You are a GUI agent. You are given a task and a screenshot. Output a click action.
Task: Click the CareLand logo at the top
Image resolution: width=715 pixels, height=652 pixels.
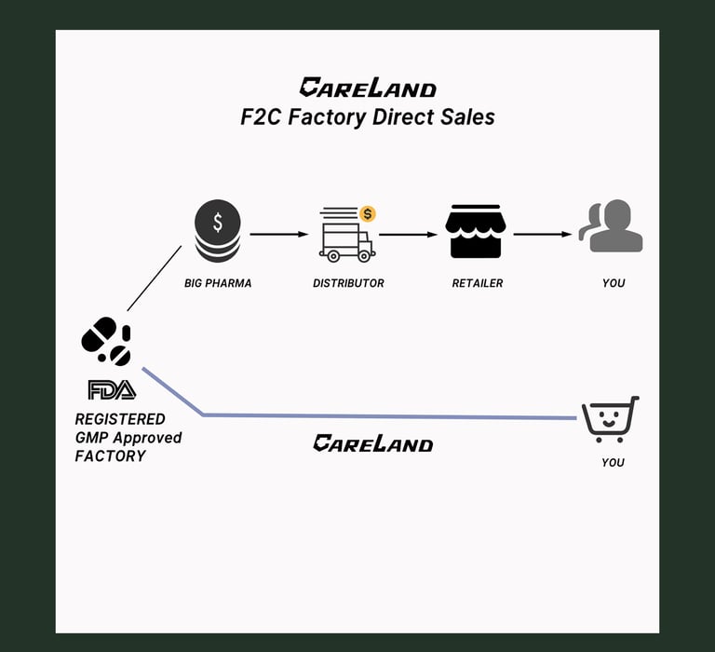point(367,88)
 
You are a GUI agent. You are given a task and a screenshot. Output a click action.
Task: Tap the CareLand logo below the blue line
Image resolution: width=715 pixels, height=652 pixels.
point(372,443)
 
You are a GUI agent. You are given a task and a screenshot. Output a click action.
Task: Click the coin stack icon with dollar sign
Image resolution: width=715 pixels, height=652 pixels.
point(217,231)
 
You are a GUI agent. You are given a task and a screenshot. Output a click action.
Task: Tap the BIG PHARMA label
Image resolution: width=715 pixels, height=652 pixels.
point(218,283)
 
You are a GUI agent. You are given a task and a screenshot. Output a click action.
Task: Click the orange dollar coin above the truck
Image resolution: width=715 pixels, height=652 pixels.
point(368,214)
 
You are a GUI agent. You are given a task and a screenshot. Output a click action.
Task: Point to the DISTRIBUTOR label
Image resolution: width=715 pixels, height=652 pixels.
point(348,283)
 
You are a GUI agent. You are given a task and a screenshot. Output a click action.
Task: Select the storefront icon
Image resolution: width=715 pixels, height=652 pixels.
point(476,231)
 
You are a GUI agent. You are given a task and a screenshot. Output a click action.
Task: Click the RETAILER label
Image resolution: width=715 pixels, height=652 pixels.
point(477,283)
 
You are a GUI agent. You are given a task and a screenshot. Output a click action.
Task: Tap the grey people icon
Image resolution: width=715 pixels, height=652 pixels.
point(612,226)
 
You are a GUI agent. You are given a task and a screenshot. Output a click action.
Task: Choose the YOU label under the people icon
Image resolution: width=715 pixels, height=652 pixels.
point(614,283)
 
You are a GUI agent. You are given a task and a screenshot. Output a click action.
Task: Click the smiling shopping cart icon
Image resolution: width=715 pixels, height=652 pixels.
point(610,419)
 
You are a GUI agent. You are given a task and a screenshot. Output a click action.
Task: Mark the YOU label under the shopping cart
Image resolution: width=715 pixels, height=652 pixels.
point(613,463)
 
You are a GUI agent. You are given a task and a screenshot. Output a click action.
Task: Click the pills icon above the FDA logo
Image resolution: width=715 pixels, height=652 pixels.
point(106,341)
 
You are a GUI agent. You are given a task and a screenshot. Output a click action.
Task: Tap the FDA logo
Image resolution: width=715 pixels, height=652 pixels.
point(112,389)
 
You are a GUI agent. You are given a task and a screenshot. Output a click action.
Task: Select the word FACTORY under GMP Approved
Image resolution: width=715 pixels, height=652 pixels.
point(110,456)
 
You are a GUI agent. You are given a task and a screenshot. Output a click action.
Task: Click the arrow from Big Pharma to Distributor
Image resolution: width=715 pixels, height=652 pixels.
point(278,234)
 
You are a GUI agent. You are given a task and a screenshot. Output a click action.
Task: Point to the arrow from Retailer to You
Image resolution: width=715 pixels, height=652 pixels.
point(542,234)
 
